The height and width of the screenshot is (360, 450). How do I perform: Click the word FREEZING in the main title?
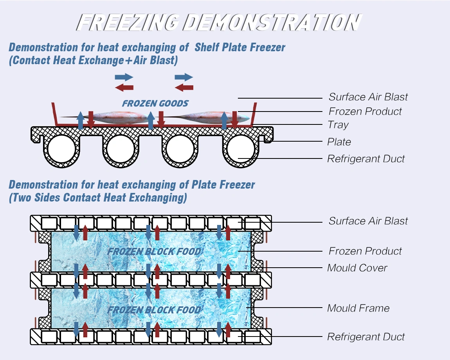point(128,22)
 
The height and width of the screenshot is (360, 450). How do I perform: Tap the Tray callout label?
point(338,125)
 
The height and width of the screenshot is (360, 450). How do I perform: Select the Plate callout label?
point(339,142)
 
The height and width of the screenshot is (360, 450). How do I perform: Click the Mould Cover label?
point(357,268)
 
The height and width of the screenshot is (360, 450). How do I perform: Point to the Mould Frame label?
point(358,308)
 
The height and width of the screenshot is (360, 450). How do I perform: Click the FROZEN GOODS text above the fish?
point(155,104)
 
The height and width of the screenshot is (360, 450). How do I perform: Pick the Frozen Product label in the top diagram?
point(365,112)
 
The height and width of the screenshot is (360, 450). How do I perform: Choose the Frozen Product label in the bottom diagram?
point(365,251)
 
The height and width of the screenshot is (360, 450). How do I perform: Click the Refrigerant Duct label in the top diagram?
point(366,159)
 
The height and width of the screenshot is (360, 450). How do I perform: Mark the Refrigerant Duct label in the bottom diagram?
point(366,337)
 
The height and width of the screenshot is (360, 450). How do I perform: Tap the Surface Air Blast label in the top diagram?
point(368,97)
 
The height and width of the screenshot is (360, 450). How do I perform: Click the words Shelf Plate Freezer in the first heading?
point(240,48)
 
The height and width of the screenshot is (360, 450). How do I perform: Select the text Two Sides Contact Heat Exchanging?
point(98,198)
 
